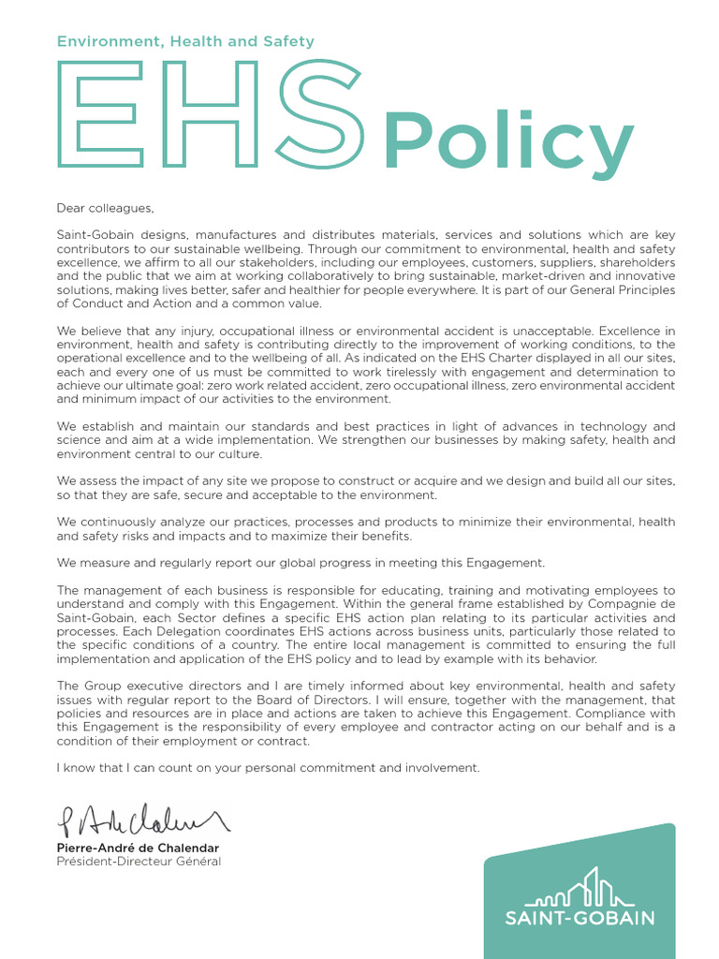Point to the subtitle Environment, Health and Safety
[x=185, y=41]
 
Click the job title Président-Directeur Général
[x=139, y=862]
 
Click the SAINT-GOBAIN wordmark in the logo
[x=580, y=919]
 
